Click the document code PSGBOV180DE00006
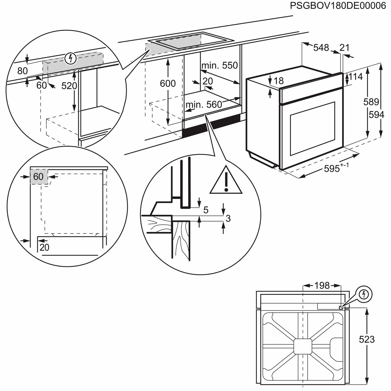click(338, 6)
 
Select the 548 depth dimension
click(321, 48)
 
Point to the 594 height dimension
click(377, 115)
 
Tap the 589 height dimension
click(371, 102)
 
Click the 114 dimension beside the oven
click(356, 77)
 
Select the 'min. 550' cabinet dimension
click(220, 65)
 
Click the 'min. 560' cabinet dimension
click(204, 104)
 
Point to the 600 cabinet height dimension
click(168, 83)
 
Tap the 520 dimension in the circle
click(69, 86)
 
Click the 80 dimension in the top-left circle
click(22, 71)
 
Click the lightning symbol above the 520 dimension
click(70, 58)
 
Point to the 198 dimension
click(322, 285)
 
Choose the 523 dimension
click(367, 339)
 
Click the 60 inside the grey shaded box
click(38, 177)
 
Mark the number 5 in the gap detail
click(206, 210)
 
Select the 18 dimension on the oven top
click(279, 81)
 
